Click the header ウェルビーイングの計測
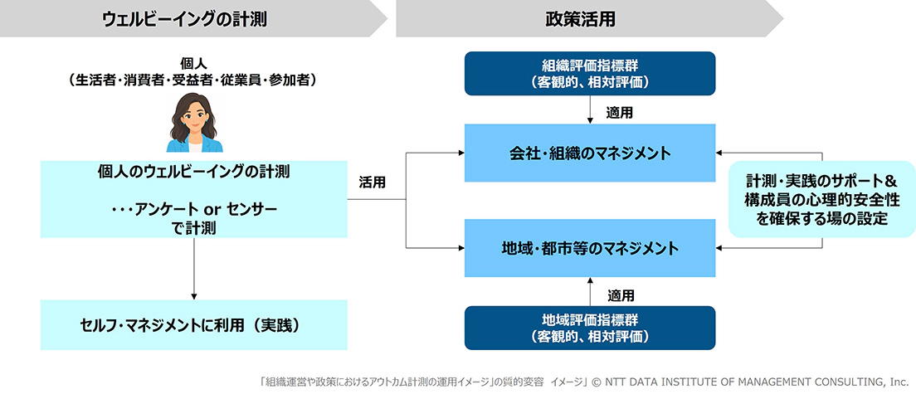click(x=184, y=19)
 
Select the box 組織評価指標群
click(x=590, y=74)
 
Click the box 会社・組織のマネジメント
click(x=590, y=153)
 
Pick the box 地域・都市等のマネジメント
click(x=590, y=248)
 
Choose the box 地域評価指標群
click(x=590, y=328)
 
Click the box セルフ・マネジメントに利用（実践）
click(x=194, y=325)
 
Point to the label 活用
click(x=372, y=182)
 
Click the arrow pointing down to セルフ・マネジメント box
click(x=193, y=269)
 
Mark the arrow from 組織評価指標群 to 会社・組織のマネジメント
click(x=590, y=109)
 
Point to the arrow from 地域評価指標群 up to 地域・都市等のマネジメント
click(x=590, y=291)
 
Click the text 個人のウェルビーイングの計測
click(x=193, y=173)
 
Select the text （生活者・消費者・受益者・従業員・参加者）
click(x=193, y=80)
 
